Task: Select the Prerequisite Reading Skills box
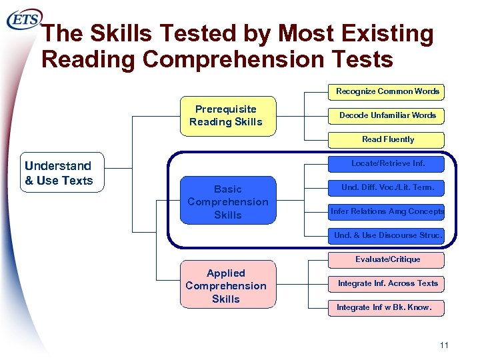226,115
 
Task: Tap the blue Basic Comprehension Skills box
228,202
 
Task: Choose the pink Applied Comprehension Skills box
226,286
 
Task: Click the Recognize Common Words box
387,91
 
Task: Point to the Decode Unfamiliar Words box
387,115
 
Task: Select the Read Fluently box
387,139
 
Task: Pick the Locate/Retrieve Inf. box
387,163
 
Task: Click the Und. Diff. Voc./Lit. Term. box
387,187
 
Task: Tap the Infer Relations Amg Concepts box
387,211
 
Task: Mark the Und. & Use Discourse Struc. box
387,235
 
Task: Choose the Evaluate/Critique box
387,259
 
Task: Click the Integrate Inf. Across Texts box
387,283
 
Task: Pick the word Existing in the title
390,33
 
